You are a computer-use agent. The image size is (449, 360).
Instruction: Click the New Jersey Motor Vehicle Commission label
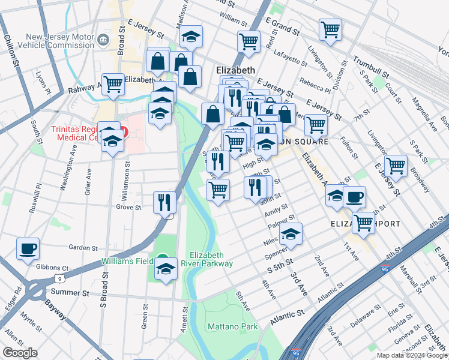coord(57,41)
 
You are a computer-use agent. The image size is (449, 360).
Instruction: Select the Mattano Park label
coord(232,326)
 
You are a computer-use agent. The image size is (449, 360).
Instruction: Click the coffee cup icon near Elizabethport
coord(354,196)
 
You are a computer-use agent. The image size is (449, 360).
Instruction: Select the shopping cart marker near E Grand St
coord(330,28)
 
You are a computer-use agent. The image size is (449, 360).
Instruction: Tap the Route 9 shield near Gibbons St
coord(59,278)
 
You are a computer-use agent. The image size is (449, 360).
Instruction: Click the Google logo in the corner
coord(20,353)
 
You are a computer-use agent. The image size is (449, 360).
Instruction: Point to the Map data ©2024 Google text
coord(412,355)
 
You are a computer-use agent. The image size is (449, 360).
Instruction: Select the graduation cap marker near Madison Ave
coord(191,38)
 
